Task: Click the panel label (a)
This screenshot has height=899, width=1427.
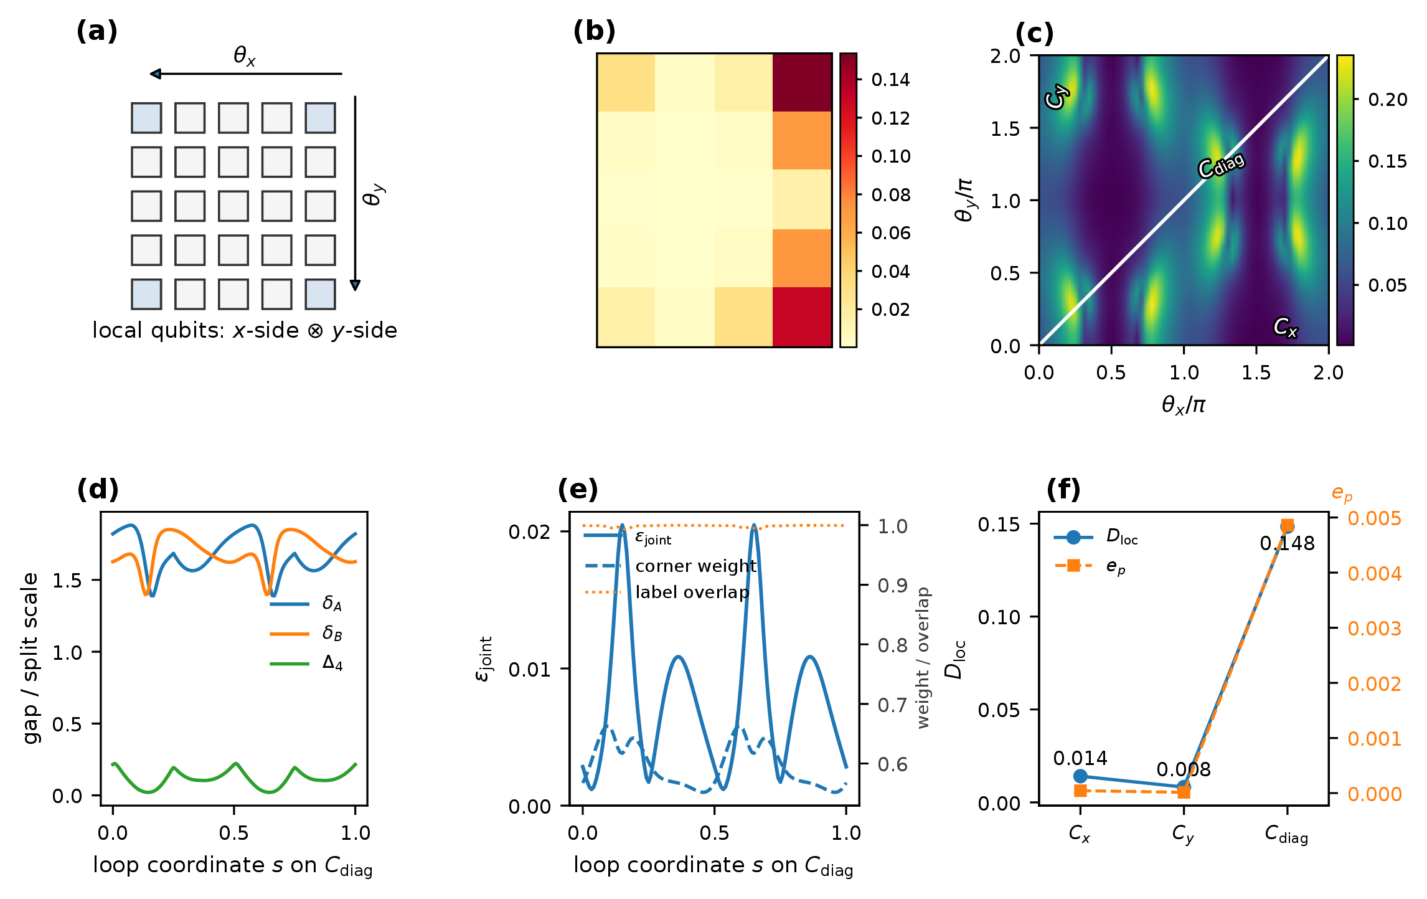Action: (x=97, y=31)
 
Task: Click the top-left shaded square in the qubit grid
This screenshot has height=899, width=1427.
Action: (x=146, y=118)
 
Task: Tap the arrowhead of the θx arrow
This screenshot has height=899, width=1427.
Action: (x=156, y=74)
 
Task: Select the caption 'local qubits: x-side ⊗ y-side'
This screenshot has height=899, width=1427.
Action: (x=245, y=330)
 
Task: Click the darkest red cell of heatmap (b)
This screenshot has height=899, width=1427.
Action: (x=803, y=82)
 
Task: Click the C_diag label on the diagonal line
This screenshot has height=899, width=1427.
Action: (x=1221, y=165)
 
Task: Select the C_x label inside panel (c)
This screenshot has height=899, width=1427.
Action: (x=1285, y=327)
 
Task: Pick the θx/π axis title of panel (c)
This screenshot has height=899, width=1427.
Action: (x=1184, y=405)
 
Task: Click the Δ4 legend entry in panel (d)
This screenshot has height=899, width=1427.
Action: (x=306, y=663)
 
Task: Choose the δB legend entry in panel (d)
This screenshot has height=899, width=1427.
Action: (x=306, y=634)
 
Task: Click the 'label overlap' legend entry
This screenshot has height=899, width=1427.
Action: (x=667, y=592)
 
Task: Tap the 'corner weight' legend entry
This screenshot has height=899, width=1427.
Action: (x=671, y=566)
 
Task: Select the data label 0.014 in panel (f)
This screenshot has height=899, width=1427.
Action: (x=1080, y=758)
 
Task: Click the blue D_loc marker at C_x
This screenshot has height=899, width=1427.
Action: (x=1080, y=776)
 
